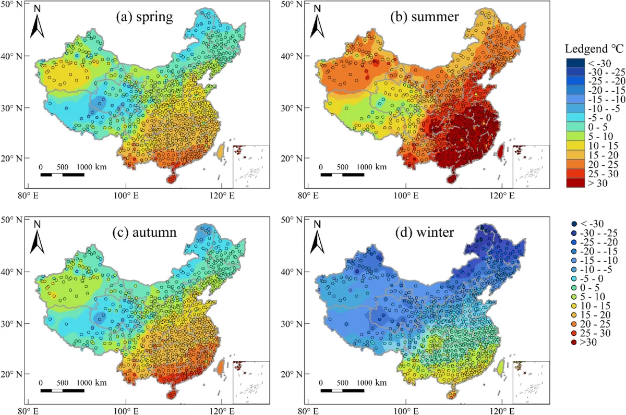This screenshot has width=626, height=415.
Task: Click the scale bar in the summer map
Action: [x=342, y=174]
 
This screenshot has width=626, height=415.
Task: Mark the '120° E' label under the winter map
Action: [x=501, y=410]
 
